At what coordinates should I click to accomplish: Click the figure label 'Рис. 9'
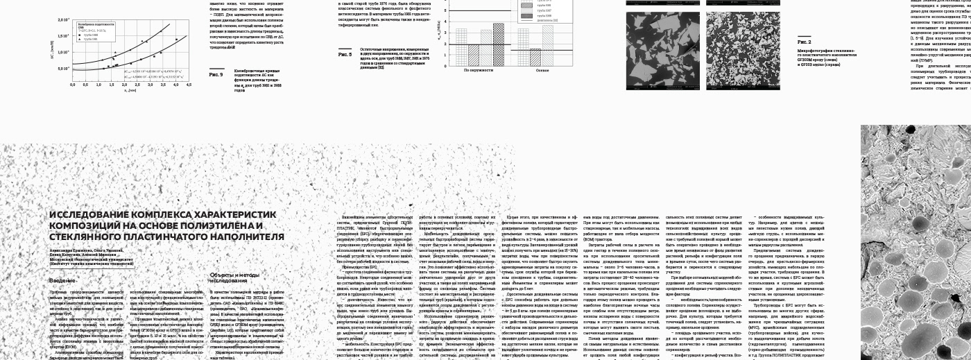point(216,74)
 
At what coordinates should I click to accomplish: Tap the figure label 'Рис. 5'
point(345,54)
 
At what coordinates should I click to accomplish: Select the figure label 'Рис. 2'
point(804,42)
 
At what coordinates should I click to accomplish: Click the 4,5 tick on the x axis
point(188,85)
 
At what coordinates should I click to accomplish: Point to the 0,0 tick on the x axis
point(72,85)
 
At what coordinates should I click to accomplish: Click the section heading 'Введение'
point(62,280)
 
